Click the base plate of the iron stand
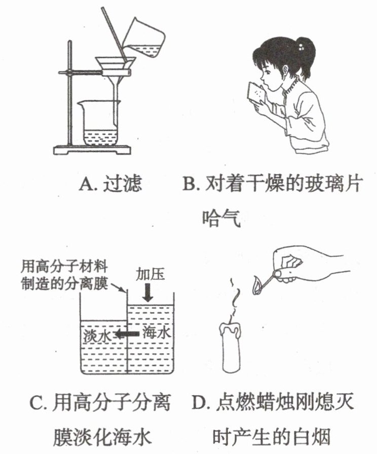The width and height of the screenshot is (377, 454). (x=92, y=149)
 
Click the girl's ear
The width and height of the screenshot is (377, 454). (x=285, y=70)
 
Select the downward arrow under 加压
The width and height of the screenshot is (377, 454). (x=149, y=292)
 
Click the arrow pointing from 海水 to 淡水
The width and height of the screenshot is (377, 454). (x=127, y=334)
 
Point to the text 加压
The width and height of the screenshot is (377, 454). (x=150, y=274)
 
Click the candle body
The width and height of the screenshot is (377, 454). (x=232, y=348)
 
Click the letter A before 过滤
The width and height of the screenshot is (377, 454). (x=86, y=183)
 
